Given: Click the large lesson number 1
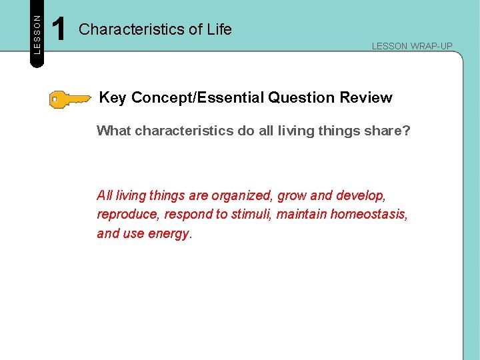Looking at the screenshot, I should click(x=59, y=30).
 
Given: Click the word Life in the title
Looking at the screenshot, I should click(x=219, y=29).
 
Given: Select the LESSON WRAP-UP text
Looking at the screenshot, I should click(x=411, y=46).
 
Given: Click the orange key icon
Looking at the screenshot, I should click(x=69, y=100).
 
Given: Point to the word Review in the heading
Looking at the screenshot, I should click(x=366, y=98).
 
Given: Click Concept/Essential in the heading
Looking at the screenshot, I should click(x=197, y=98).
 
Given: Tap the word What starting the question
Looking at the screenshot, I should click(x=114, y=131).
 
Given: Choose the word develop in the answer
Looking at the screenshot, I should click(x=361, y=196).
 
